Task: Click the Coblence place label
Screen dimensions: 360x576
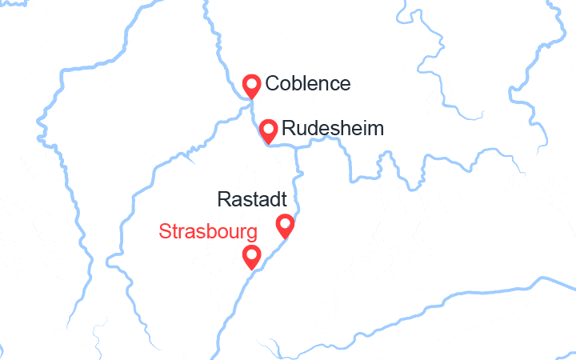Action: (307, 84)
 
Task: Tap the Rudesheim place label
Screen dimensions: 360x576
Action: (332, 129)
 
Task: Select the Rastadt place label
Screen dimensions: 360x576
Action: (252, 199)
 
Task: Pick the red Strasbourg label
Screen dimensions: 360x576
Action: (208, 232)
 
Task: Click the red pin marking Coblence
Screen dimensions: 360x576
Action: (252, 86)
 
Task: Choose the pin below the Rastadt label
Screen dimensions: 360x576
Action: (285, 226)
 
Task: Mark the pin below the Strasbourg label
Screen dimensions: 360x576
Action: (252, 256)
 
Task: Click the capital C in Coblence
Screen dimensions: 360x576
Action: (273, 84)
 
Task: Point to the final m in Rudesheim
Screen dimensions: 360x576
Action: (376, 129)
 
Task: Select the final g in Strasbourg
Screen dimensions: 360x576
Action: (251, 234)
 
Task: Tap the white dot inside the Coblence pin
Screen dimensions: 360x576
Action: (252, 82)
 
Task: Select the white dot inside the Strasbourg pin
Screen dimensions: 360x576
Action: (252, 254)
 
